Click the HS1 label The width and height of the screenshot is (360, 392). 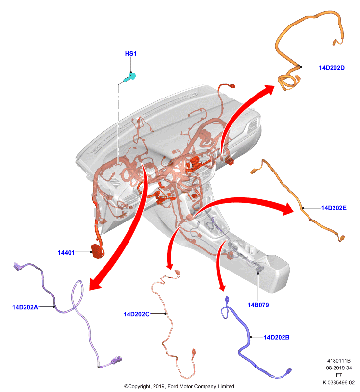pos(130,54)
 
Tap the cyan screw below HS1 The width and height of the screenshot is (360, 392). pos(130,78)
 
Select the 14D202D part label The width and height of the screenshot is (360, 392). pos(332,68)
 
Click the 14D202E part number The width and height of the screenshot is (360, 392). pos(334,208)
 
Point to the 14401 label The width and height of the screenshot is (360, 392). pos(66,253)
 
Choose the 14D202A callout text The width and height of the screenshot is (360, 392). pos(26,307)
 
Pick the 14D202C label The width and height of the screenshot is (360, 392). pos(136,314)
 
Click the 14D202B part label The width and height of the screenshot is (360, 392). pos(277,337)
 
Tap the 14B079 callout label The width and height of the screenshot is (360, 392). pos(258,305)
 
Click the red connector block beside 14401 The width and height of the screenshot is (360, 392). pos(97,251)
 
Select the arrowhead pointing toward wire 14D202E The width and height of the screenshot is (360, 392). pos(287,209)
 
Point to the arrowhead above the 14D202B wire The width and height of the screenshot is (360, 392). pos(222,287)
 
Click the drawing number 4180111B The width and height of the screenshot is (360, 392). pos(339,361)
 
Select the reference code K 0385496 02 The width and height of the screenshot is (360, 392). pos(338,382)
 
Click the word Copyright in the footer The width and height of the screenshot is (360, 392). pos(139,386)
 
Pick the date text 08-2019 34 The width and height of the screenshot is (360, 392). pos(339,368)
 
